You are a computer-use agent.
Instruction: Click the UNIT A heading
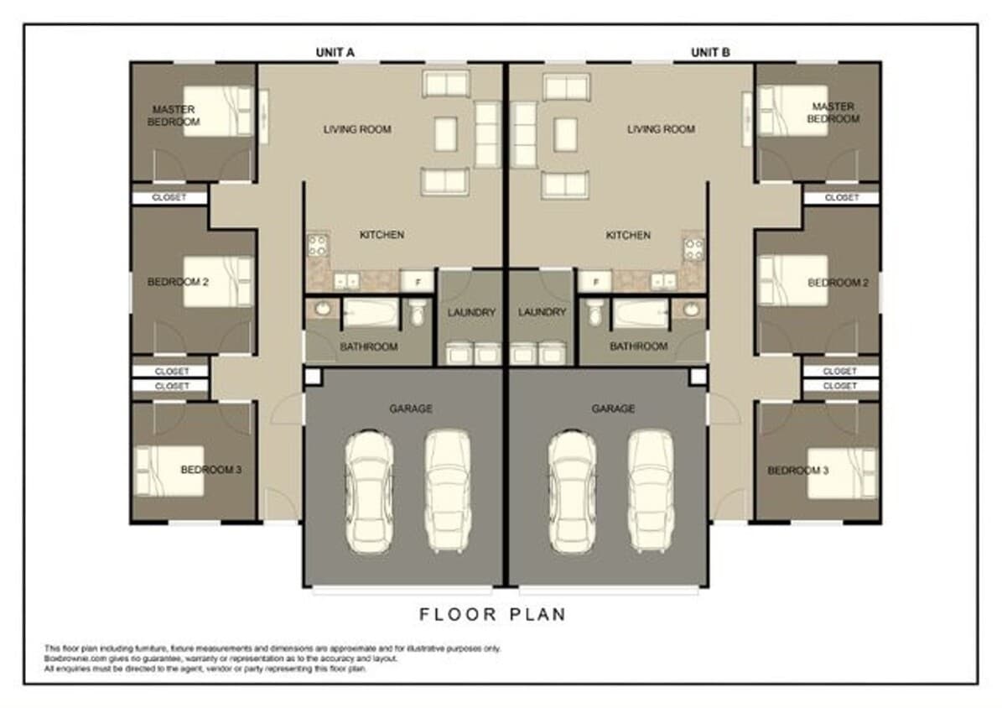click(x=335, y=52)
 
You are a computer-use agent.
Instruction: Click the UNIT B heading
click(x=710, y=52)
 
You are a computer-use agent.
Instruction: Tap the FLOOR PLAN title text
click(x=493, y=615)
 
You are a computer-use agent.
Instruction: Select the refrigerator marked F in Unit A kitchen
click(x=417, y=280)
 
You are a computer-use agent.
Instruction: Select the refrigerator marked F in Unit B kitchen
click(x=594, y=280)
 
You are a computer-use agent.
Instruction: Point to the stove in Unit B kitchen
click(x=693, y=248)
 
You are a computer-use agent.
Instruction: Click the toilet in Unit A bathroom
click(x=417, y=314)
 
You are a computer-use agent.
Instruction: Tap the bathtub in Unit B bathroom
click(x=640, y=315)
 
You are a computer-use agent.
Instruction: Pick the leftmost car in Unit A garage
click(x=370, y=491)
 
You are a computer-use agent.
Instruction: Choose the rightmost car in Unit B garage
click(x=651, y=491)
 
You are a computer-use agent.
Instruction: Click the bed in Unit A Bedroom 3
click(x=168, y=471)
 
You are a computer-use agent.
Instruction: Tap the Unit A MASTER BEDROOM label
click(x=174, y=116)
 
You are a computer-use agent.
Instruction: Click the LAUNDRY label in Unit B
click(x=543, y=312)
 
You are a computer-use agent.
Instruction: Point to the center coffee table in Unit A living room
click(x=446, y=133)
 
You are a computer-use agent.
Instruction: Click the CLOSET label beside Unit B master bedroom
click(x=841, y=198)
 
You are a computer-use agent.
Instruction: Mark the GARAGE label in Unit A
click(x=411, y=409)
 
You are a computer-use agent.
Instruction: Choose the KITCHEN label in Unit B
click(x=628, y=236)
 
